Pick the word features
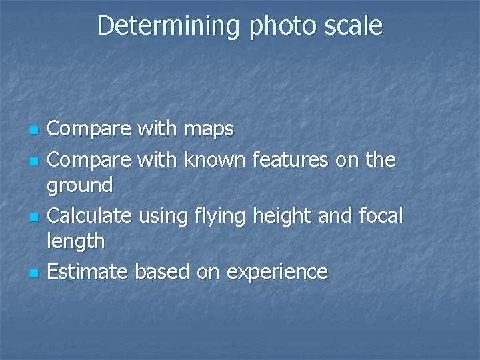(x=294, y=160)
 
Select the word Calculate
(x=90, y=215)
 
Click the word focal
(x=380, y=215)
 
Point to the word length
(x=75, y=241)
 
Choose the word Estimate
(x=88, y=271)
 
